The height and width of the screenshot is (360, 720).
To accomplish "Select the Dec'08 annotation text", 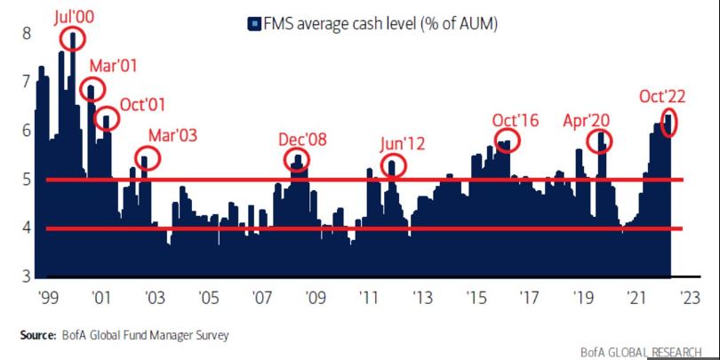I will [x=303, y=140].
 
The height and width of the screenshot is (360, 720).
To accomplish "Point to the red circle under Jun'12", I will [x=393, y=165].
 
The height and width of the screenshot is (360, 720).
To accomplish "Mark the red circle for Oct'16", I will [x=507, y=140].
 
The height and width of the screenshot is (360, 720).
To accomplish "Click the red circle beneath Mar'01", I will [x=92, y=88].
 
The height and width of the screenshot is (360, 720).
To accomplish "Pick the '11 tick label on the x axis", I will [x=366, y=296].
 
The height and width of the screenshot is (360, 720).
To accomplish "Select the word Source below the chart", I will [x=37, y=335].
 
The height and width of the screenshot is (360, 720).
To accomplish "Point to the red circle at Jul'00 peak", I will [x=73, y=37].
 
